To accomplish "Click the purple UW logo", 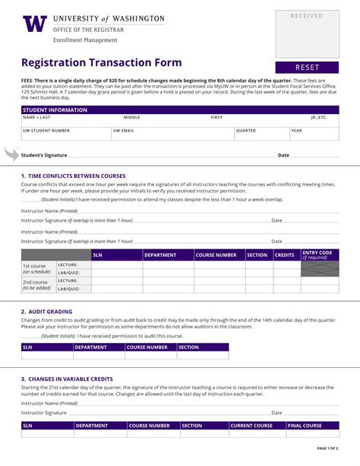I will [x=35, y=24].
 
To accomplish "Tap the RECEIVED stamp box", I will [x=307, y=34].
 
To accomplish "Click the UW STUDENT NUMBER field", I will [x=65, y=135].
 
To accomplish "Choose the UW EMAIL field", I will [x=172, y=135].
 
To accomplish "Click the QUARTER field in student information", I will [x=261, y=135].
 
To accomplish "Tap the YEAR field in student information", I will [x=314, y=135].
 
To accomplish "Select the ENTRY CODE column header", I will [x=320, y=255].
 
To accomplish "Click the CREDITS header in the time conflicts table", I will [x=285, y=255].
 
